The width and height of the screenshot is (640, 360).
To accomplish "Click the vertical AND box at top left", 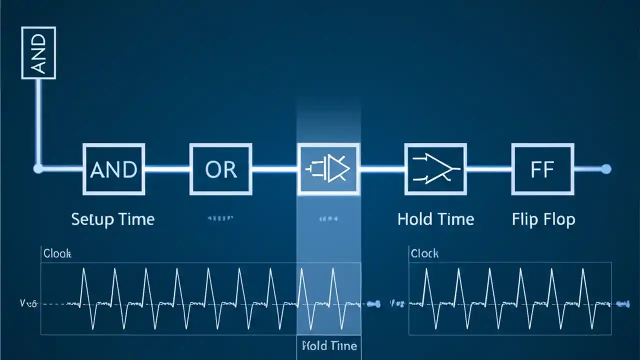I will (x=38, y=53).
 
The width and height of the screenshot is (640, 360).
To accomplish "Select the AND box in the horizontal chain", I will (x=113, y=169).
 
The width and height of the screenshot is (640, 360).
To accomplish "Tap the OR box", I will (x=220, y=169).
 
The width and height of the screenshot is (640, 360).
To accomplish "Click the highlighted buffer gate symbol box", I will (x=328, y=169).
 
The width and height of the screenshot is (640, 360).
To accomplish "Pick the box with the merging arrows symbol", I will (x=435, y=169).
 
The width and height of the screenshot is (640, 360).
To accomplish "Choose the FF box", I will (x=542, y=169).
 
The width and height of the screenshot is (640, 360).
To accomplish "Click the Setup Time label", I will (x=113, y=219).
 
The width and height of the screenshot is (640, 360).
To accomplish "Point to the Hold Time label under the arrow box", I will (x=435, y=219).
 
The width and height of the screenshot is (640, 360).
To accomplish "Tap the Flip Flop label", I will (x=543, y=219).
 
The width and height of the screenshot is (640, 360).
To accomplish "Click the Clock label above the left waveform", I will (x=57, y=253).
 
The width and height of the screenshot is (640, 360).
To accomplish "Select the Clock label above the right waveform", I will (x=424, y=253).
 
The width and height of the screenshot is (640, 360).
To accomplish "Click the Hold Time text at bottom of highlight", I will (x=329, y=345).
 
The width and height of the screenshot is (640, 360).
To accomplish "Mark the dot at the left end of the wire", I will (x=38, y=169).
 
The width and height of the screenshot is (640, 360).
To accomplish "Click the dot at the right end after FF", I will (x=606, y=169).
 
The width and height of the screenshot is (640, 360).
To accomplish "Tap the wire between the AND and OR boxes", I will (x=167, y=169).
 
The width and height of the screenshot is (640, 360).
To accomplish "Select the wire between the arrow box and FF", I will (x=489, y=169).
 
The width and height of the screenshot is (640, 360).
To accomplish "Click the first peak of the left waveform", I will (x=84, y=270).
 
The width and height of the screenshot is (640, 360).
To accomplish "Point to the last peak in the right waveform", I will (x=582, y=270).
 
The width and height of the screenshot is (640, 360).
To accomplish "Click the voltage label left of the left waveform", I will (x=28, y=303).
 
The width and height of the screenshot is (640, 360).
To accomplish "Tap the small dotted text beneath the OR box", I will (x=220, y=218).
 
